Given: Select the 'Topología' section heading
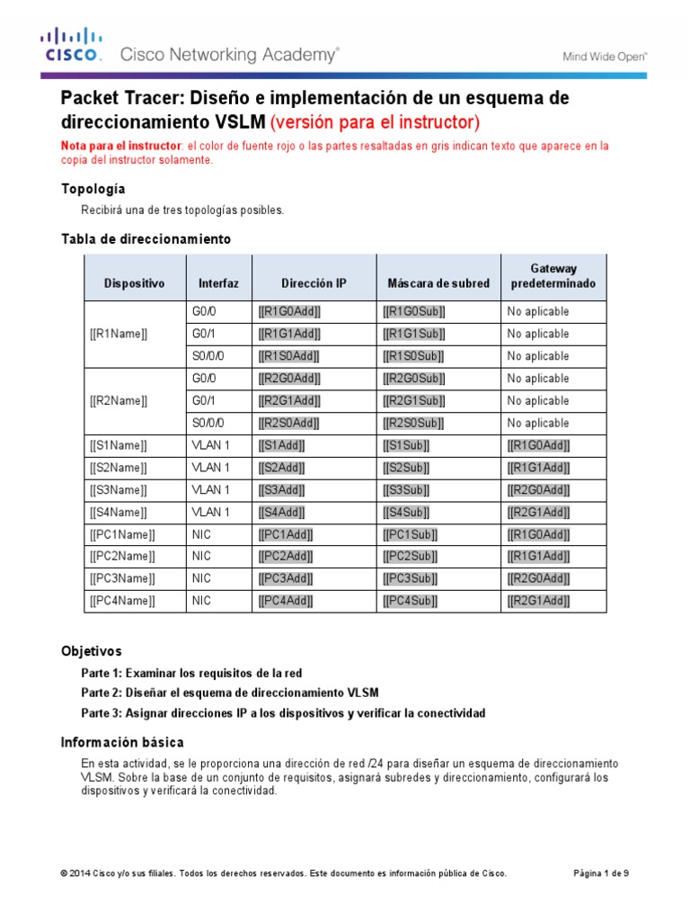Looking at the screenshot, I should (x=93, y=189).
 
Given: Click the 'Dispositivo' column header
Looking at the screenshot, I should (x=135, y=282).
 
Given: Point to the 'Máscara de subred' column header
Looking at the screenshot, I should (x=438, y=282).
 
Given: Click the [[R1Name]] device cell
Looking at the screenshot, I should (x=119, y=334).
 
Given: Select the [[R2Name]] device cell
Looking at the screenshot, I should (x=119, y=400).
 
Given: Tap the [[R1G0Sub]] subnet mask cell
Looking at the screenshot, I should (x=414, y=311).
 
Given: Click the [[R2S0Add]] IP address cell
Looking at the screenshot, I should (x=289, y=423).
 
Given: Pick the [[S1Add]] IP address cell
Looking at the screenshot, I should (x=281, y=445).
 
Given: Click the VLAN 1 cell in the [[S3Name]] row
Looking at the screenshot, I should (x=211, y=489).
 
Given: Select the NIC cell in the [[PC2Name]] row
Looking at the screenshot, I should (x=201, y=556).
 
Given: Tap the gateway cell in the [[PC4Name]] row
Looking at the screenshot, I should (x=539, y=601).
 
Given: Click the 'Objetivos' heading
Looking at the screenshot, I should (x=91, y=650).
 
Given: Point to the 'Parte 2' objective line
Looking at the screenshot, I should (x=229, y=693).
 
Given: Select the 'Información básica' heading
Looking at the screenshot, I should (x=122, y=742).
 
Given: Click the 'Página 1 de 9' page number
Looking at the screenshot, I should (x=601, y=872).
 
